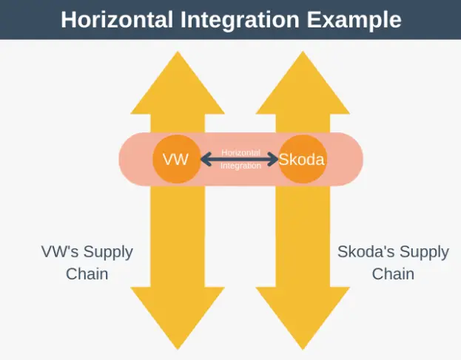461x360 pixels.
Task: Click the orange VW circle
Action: tap(176, 158)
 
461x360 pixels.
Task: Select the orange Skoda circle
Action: tap(303, 158)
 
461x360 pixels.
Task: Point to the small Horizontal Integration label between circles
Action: tap(240, 159)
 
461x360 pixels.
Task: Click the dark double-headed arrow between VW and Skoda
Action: tap(240, 158)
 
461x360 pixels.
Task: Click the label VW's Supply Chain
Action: tap(87, 262)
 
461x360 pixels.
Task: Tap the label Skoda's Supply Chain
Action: tap(393, 262)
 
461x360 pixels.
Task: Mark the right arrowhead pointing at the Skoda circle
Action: tap(275, 158)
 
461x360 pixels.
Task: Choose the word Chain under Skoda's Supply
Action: tap(393, 274)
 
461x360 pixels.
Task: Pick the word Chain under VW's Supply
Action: tap(87, 274)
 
